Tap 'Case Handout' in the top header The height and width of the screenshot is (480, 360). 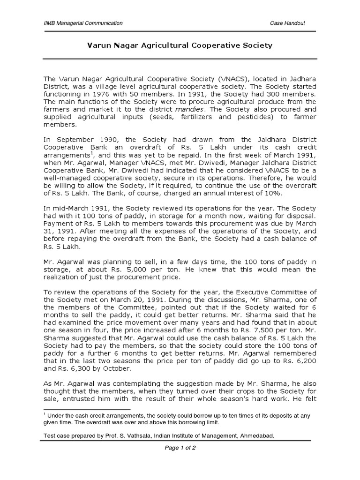(287, 23)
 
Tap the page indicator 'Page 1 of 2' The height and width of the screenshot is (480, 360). (180, 448)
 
